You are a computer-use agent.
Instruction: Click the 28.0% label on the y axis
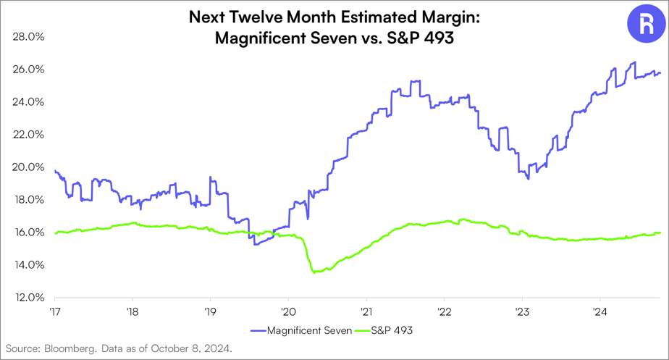tap(28, 37)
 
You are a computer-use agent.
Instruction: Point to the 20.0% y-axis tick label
tap(28, 167)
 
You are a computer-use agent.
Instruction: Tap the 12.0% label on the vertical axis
tap(28, 297)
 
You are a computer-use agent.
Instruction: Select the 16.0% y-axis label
tap(28, 233)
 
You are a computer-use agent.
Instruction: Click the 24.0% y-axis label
tap(28, 102)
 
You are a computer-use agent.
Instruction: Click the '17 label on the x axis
tap(54, 311)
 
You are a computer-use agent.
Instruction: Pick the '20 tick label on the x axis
tap(288, 311)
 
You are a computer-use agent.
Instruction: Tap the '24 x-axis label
tap(600, 311)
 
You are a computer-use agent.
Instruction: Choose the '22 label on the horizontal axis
tap(444, 311)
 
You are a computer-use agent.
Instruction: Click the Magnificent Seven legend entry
tap(301, 330)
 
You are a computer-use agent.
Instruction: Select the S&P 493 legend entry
tap(383, 330)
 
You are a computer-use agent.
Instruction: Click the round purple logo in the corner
tap(647, 23)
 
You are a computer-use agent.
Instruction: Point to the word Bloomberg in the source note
tap(71, 348)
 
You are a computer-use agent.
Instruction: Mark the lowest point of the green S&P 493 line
tap(314, 272)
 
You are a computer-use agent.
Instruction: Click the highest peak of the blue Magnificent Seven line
tap(634, 62)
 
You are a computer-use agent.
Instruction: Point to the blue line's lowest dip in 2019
tap(255, 244)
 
